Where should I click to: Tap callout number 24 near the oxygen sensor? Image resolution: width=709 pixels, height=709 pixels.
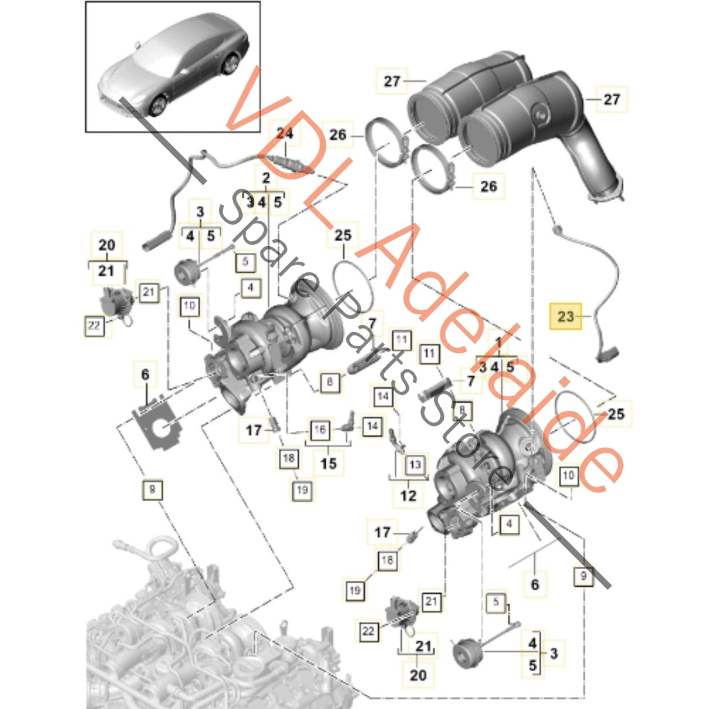point(285,133)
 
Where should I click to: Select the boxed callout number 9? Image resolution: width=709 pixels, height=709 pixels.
point(583,576)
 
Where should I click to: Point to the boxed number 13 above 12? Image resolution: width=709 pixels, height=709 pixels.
point(415,464)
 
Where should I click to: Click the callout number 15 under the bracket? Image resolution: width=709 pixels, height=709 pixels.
point(328,463)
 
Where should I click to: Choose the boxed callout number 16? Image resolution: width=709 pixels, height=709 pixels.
point(319,430)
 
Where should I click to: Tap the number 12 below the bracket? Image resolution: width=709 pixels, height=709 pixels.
point(408,495)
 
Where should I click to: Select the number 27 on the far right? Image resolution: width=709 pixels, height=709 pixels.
point(611,100)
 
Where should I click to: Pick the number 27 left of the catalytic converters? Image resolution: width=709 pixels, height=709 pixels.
point(392,81)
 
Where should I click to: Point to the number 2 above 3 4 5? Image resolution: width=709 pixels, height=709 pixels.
point(266,178)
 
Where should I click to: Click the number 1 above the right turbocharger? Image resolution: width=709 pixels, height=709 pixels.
point(499,341)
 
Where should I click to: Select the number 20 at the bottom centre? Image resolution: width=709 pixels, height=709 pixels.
point(418,675)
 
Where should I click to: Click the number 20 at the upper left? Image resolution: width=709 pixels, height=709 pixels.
point(107,245)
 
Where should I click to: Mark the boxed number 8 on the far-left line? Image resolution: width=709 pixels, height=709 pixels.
point(152,489)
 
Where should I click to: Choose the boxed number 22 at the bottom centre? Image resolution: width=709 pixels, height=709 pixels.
point(368,631)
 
